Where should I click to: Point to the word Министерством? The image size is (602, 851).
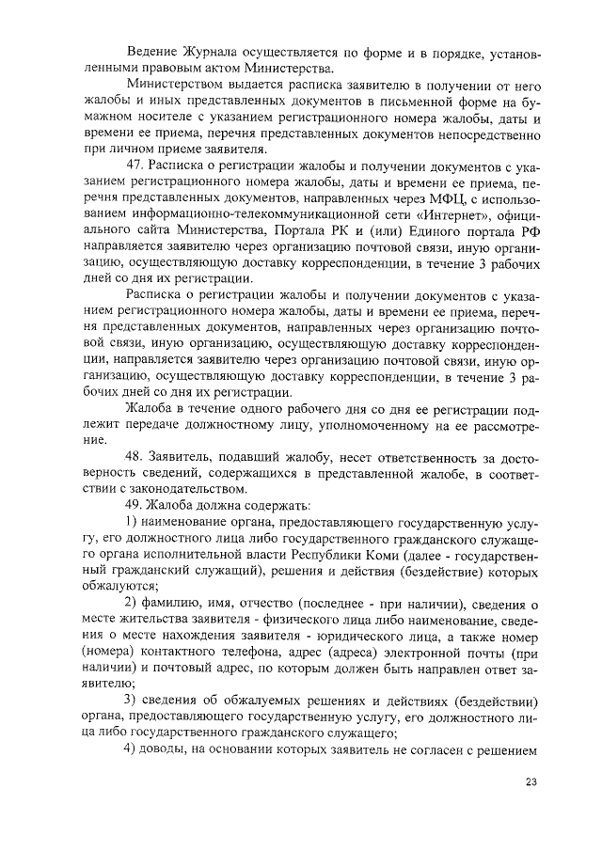tap(178, 86)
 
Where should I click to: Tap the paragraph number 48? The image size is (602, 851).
tap(136, 457)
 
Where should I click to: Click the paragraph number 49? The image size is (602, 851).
tap(136, 507)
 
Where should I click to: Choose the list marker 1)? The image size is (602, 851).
tap(133, 523)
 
